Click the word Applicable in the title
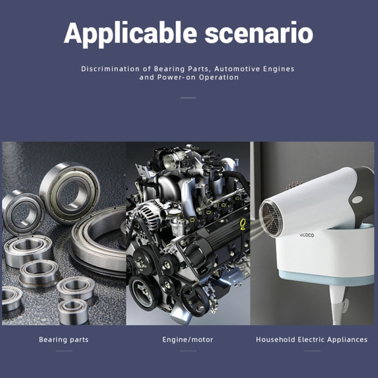(x=130, y=33)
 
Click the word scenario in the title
(x=259, y=33)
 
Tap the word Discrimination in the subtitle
(x=110, y=69)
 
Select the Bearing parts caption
(x=64, y=340)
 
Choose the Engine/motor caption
(x=188, y=340)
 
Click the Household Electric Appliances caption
(x=312, y=340)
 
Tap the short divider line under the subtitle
(x=188, y=98)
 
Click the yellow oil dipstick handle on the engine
(x=243, y=224)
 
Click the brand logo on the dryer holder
(x=307, y=235)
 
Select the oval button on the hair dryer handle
(x=357, y=199)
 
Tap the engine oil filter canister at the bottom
(x=180, y=314)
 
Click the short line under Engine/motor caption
(x=188, y=351)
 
